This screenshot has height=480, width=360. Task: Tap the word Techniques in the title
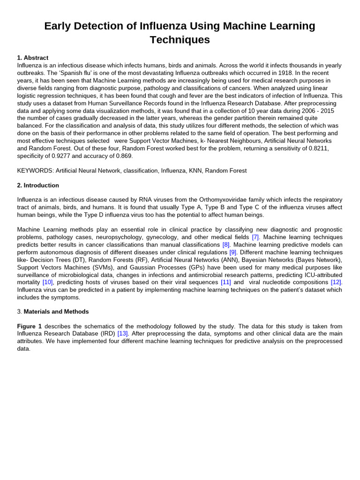[x=180, y=40]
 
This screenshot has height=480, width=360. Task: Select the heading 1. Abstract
[x=33, y=58]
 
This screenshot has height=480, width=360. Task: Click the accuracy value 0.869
[x=124, y=156]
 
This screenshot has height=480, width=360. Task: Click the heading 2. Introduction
[x=38, y=185]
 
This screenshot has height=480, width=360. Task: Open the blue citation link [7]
[x=255, y=237]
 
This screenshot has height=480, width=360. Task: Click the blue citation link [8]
[x=226, y=245]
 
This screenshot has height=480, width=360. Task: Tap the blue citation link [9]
[x=232, y=252]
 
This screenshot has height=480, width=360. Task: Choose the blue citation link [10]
[x=47, y=282]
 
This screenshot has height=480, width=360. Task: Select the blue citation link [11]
[x=225, y=282]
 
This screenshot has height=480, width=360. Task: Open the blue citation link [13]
[x=122, y=334]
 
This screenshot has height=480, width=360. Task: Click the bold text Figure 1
[x=29, y=326]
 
